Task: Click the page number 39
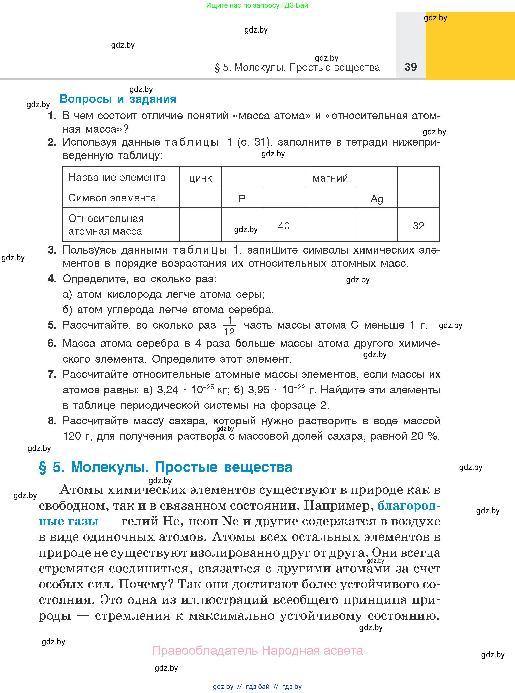[x=411, y=67]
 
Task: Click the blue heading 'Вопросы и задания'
[x=118, y=99]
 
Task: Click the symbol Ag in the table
[x=377, y=199]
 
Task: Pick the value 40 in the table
[x=284, y=226]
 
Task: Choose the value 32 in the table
[x=418, y=226]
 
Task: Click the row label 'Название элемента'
[x=117, y=177]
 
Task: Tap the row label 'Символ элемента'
[x=112, y=198]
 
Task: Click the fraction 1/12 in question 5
[x=229, y=326]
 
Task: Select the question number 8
[x=52, y=421]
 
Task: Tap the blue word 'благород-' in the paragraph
[x=408, y=506]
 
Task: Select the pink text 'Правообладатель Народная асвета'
[x=257, y=650]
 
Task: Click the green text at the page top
[x=257, y=5]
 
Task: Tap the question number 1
[x=52, y=116]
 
